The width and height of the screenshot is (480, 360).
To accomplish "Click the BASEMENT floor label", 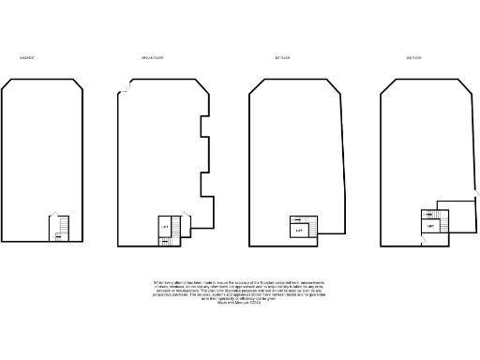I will tap(27, 58).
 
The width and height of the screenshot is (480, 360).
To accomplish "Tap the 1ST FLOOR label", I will tap(282, 58).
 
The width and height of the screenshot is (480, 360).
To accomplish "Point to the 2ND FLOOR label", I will tap(413, 58).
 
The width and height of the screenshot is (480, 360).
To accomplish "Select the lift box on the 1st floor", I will tap(299, 230).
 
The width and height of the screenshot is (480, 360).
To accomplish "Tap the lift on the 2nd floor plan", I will tap(430, 226).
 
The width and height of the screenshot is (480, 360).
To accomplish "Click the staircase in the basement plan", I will tap(61, 229).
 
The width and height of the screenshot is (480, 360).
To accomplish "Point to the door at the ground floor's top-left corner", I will tap(125, 89).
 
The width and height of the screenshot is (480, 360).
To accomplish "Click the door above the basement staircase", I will tap(54, 215).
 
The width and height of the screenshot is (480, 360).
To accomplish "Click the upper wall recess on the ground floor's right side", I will tap(202, 130).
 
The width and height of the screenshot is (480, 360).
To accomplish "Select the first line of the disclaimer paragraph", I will tap(240, 280).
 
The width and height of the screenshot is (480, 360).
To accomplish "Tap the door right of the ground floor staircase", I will tap(187, 226).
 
